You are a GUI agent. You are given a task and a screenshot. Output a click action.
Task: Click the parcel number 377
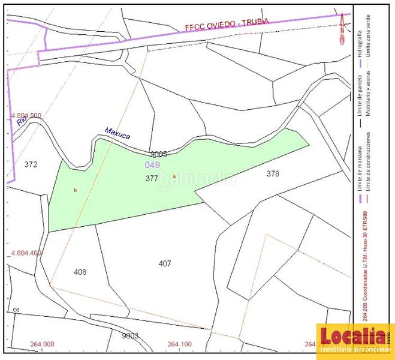point(152,178)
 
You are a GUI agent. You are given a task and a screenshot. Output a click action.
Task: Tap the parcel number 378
point(273,173)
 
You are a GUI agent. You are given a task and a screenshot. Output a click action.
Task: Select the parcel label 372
point(31,164)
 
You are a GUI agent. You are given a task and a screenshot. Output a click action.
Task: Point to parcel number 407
point(165,263)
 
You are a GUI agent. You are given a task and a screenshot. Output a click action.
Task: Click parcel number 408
point(80,272)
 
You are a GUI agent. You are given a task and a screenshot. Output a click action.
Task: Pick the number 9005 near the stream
point(158,154)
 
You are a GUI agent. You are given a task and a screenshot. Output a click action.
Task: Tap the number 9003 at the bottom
point(130,335)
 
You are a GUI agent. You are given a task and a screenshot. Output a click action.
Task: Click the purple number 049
point(152,164)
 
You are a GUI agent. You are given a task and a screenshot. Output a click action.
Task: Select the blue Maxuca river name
point(117,133)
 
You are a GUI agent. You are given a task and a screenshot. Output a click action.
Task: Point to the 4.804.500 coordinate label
point(26,115)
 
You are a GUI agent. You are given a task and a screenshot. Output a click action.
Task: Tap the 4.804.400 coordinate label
point(26,253)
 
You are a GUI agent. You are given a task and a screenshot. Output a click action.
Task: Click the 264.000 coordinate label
point(42,344)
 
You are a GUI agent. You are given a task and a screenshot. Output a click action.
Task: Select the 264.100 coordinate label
point(180,344)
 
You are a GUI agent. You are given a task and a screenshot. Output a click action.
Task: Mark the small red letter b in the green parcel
point(76,190)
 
